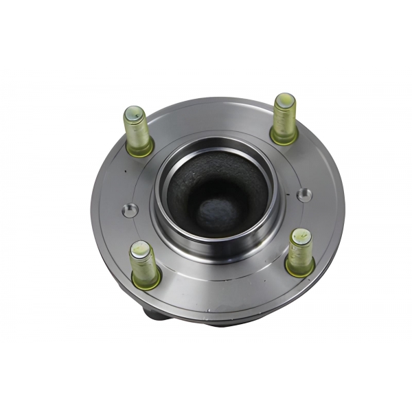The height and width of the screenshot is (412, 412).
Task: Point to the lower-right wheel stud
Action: pyautogui.click(x=299, y=251)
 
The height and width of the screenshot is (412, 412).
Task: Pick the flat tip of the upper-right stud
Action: pyautogui.click(x=284, y=99)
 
